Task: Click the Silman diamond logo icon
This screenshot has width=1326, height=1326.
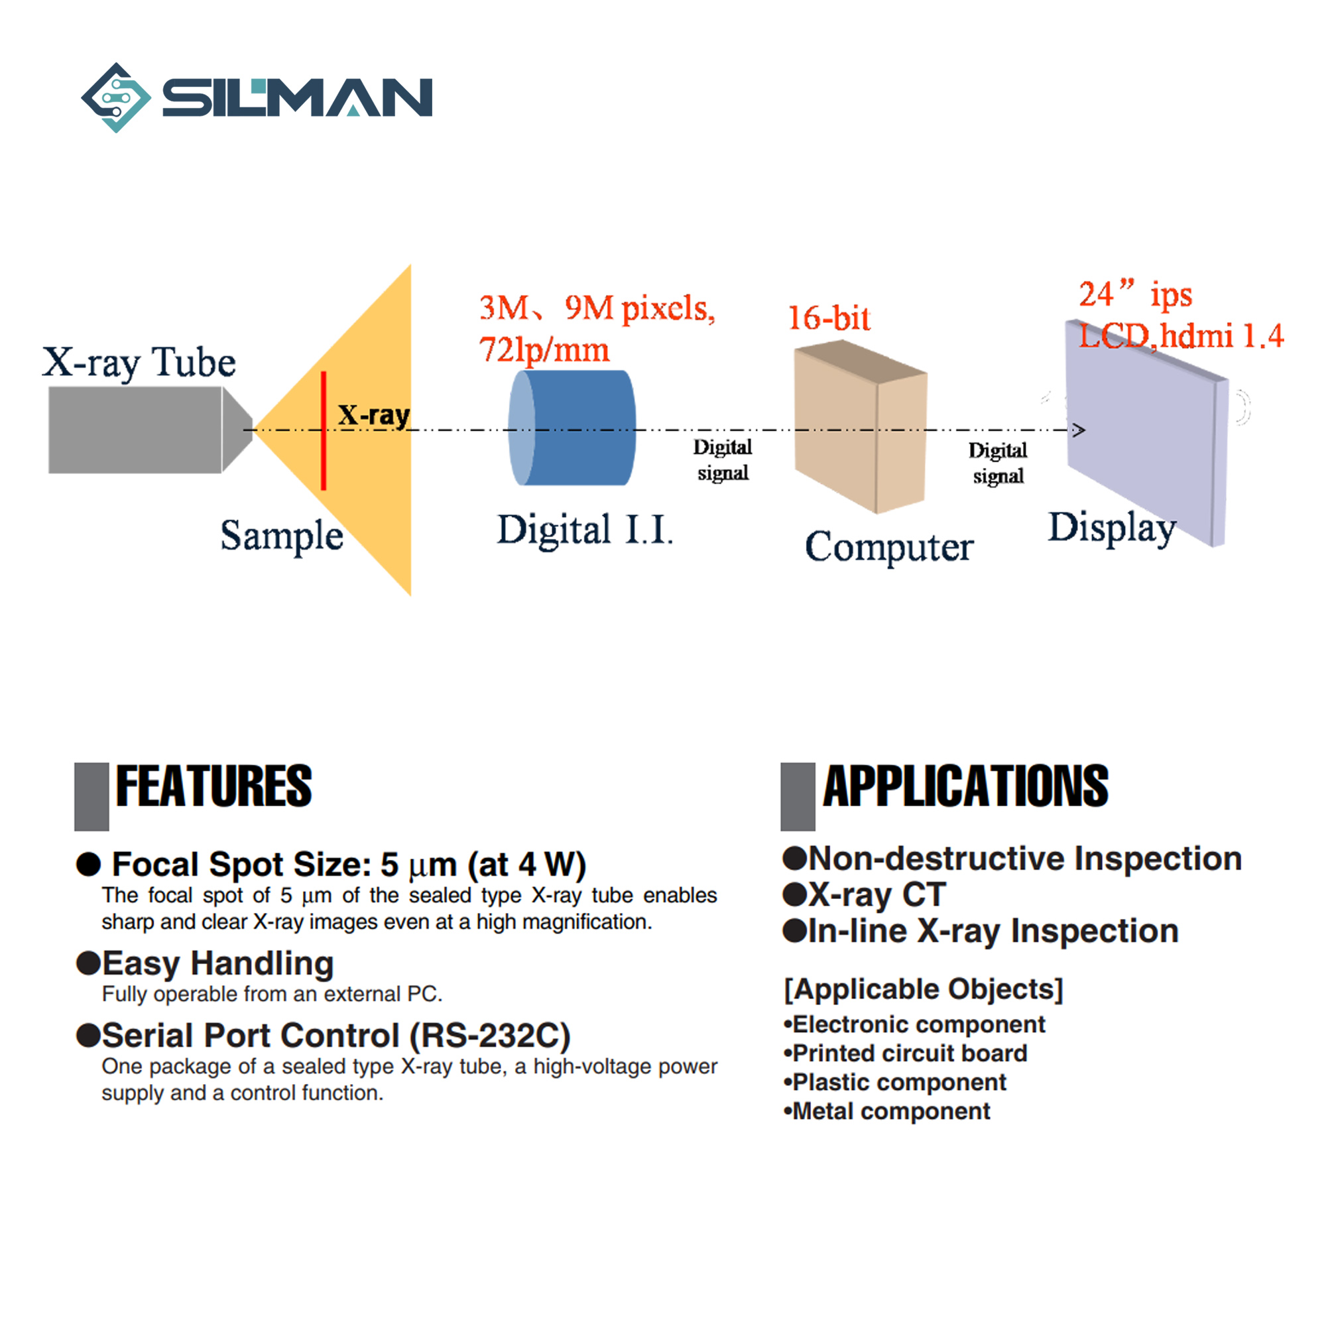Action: coord(116,97)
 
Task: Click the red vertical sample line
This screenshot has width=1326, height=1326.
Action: coord(324,430)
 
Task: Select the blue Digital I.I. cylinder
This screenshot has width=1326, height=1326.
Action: coord(572,428)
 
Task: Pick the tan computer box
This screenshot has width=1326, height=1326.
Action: coord(861,427)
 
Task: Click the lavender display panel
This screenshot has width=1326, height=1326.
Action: coord(1146,432)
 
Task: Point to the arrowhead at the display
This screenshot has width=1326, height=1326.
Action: coord(1079,430)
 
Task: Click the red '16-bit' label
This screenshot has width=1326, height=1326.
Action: coord(829,318)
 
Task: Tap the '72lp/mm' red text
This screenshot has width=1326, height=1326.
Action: coord(544,350)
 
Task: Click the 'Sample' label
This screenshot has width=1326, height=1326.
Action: coord(281,536)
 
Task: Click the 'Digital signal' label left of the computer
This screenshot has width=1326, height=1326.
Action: coord(723,460)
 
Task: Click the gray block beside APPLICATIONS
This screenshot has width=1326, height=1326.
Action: coord(798,796)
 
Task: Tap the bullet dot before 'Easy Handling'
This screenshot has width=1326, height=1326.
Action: coord(89,963)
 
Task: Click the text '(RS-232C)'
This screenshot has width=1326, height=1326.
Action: coord(489,1036)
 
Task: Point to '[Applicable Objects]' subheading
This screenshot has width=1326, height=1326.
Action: coord(923,989)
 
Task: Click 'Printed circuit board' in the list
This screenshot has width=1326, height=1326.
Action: coord(910,1053)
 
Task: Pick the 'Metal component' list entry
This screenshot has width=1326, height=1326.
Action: coord(891,1111)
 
